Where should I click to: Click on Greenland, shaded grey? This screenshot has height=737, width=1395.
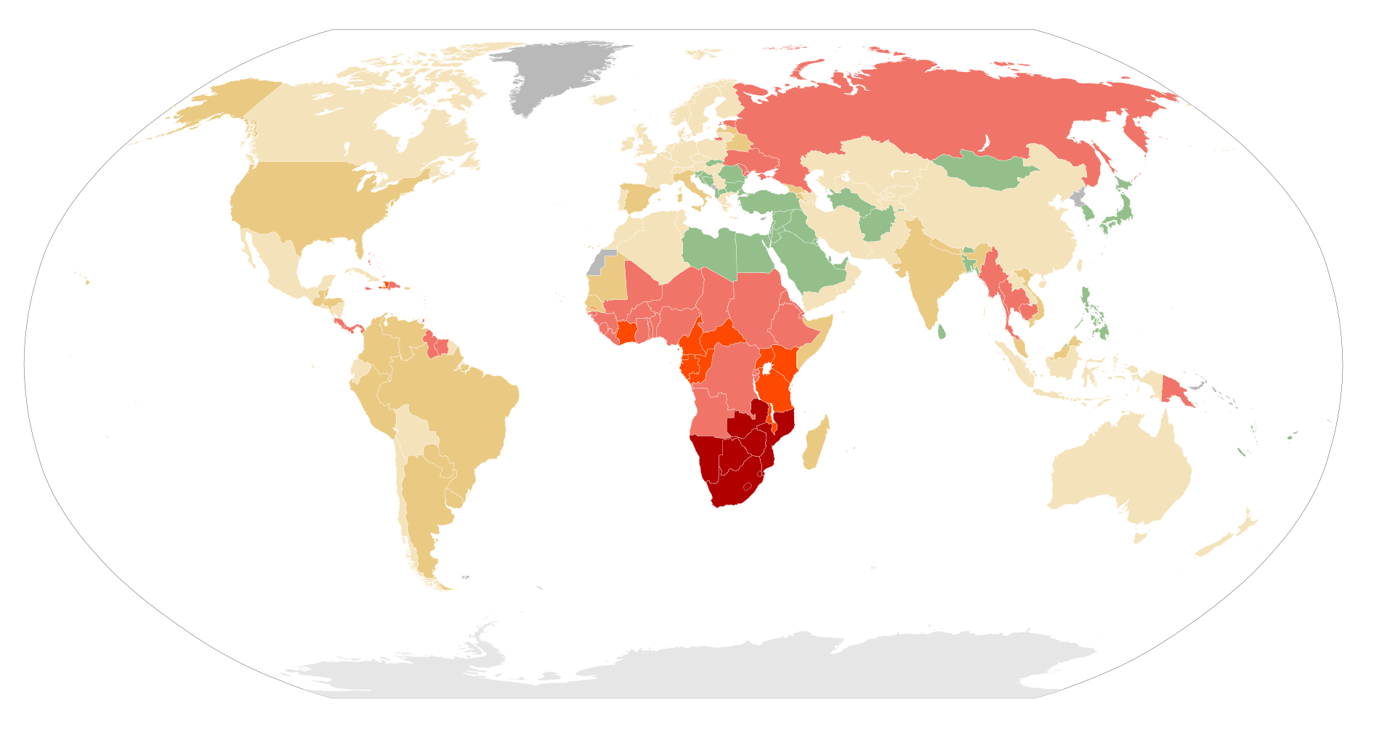coord(559,73)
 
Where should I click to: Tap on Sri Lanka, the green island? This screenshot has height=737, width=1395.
coord(942,332)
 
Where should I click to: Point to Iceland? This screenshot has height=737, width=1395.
coord(604,100)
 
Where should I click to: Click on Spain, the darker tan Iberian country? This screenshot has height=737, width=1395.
coord(636,197)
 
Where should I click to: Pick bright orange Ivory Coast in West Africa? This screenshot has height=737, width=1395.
coord(626,333)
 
